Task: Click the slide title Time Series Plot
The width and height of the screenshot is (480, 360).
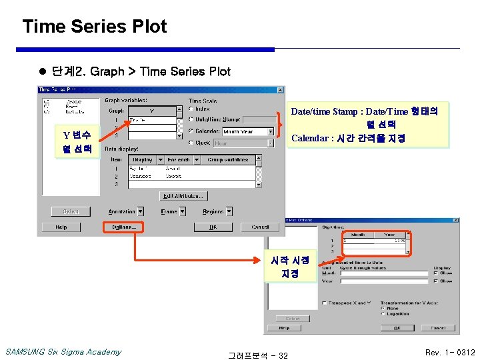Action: [x=95, y=27]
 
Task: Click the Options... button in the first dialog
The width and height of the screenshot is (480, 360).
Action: [x=123, y=227]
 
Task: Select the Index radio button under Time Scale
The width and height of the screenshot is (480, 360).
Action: [x=191, y=109]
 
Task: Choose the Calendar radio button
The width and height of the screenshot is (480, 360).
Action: [x=191, y=131]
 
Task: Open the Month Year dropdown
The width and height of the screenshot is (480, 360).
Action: [x=270, y=131]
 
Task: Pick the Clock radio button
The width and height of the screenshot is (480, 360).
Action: [x=191, y=143]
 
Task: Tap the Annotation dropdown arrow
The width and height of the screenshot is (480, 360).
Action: [x=140, y=211]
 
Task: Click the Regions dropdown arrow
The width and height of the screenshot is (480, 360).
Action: [x=229, y=211]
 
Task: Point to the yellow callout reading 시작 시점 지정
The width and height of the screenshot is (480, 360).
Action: [x=289, y=267]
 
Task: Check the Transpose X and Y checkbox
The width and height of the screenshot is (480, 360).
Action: [x=324, y=303]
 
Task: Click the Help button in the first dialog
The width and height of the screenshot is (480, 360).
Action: [x=61, y=227]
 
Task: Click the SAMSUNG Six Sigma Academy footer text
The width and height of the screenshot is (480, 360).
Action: [x=63, y=351]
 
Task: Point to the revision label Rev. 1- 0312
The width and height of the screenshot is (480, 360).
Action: [x=450, y=352]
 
